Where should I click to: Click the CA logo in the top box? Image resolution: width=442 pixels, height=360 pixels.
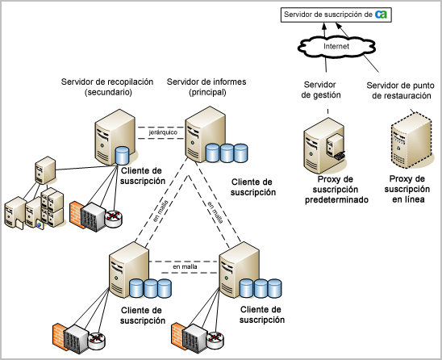[x=381, y=14]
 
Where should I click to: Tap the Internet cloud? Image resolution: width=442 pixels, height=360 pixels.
[x=336, y=48]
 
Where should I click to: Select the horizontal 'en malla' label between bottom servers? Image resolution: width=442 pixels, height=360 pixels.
[x=184, y=266]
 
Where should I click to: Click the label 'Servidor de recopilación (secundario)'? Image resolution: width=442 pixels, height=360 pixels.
[x=96, y=87]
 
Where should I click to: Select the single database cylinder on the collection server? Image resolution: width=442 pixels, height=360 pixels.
[x=123, y=156]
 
